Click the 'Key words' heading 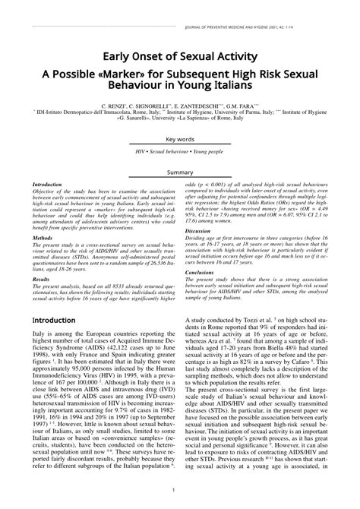point(180,160)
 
